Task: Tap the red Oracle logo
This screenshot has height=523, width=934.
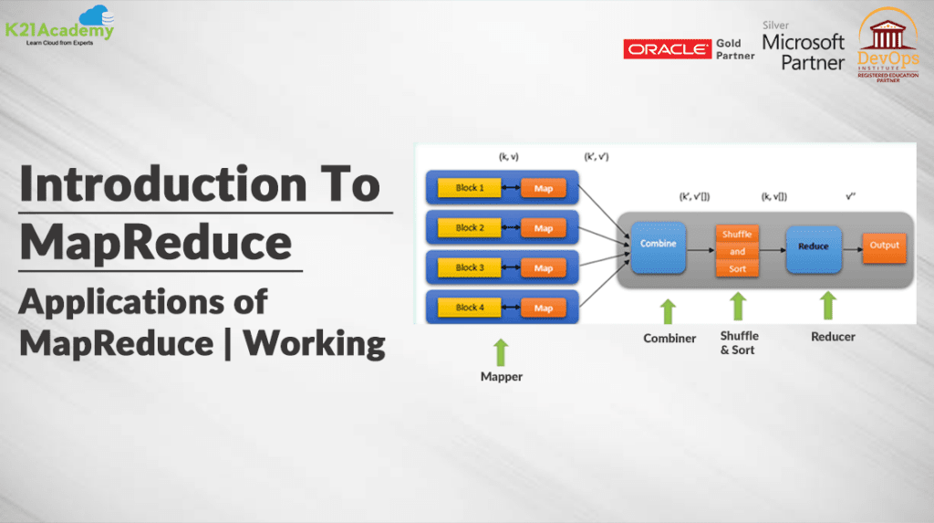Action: [667, 49]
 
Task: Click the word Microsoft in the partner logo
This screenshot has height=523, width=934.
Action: [803, 42]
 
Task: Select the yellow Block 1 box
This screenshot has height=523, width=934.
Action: [470, 188]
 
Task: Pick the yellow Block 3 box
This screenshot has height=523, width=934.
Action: [470, 268]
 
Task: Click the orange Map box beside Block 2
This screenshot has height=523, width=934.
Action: [544, 228]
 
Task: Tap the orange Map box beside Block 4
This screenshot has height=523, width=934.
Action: [544, 309]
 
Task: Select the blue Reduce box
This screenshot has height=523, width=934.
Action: [813, 246]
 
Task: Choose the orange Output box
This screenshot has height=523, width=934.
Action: [884, 246]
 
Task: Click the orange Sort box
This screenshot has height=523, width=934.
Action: [738, 269]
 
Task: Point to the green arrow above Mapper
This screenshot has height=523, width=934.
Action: [501, 352]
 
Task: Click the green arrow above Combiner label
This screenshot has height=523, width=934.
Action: [669, 310]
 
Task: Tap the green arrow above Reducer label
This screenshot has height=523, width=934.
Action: [827, 307]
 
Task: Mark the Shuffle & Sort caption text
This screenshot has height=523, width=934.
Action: [738, 343]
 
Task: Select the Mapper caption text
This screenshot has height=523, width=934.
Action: [502, 376]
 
